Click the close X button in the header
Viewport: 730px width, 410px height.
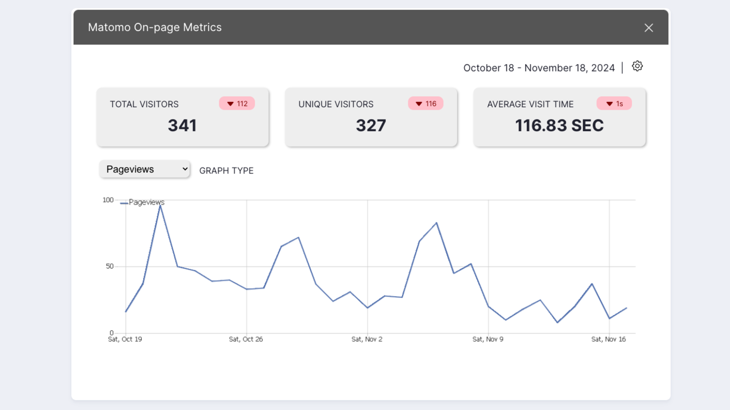tap(648, 28)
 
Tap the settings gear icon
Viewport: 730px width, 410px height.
tap(637, 67)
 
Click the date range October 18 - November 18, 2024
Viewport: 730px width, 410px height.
tap(539, 68)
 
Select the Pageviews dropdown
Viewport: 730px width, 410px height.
tap(145, 169)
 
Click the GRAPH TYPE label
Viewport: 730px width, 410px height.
tap(226, 170)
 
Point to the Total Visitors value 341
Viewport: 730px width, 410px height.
tap(182, 125)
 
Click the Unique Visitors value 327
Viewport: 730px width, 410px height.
tap(371, 125)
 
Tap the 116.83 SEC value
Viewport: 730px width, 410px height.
tap(559, 125)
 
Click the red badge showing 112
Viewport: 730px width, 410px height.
tap(237, 103)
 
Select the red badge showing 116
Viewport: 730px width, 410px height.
tap(426, 103)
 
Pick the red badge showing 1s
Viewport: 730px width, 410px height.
tap(614, 103)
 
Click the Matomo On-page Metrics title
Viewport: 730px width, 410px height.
tap(155, 27)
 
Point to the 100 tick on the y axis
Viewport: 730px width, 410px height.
tap(108, 200)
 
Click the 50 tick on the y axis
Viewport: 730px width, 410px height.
tap(109, 266)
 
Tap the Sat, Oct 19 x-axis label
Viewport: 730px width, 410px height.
tap(125, 339)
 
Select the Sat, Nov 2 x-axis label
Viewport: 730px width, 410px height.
tap(367, 339)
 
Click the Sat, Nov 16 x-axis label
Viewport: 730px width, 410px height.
tap(609, 339)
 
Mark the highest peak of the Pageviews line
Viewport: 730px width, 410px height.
tap(160, 205)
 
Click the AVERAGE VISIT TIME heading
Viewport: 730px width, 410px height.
tap(530, 104)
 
